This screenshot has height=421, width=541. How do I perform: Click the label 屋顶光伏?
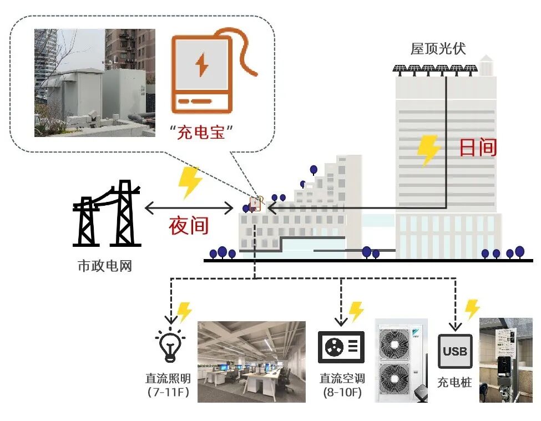click(x=438, y=49)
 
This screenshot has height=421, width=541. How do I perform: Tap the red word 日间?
click(x=477, y=148)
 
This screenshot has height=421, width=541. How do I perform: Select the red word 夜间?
click(x=189, y=226)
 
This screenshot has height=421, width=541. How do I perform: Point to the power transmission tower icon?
click(x=105, y=214)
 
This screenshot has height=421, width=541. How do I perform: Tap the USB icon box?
click(x=455, y=352)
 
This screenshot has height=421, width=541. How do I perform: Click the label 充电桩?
click(x=454, y=383)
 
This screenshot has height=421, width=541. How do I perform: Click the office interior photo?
click(x=251, y=361)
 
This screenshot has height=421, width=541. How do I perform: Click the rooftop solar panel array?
click(x=436, y=69)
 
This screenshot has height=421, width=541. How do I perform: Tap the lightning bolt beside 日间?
click(x=428, y=150)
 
